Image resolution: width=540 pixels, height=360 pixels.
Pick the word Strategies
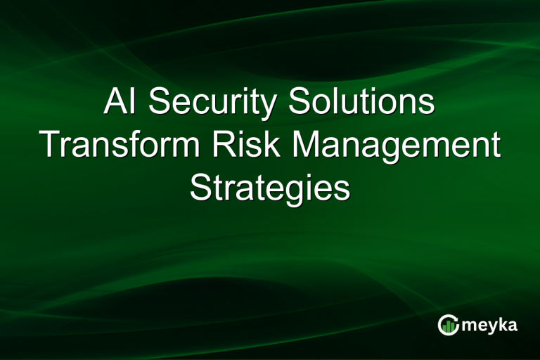[270, 188]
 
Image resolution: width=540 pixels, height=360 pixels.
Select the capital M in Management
[308, 145]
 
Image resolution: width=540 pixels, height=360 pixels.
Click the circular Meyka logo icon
[448, 325]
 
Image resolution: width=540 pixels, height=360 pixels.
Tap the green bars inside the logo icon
[448, 326]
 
